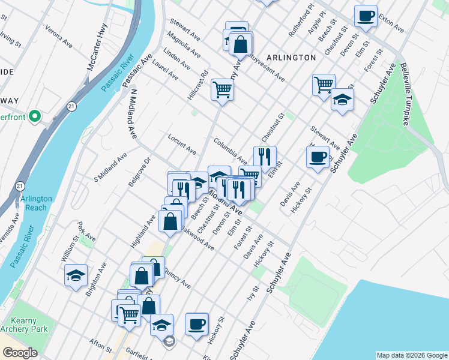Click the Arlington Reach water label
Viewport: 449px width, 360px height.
(x=36, y=203)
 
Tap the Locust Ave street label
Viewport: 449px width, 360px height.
(x=182, y=143)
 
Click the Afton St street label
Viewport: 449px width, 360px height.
(x=100, y=345)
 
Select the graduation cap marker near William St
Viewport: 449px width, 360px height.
(x=76, y=275)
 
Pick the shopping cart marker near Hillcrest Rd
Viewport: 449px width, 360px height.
(x=222, y=89)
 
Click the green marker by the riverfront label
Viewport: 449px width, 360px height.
(x=36, y=116)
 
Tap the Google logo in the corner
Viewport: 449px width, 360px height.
(x=20, y=353)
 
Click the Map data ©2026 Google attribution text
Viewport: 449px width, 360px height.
(x=411, y=355)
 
